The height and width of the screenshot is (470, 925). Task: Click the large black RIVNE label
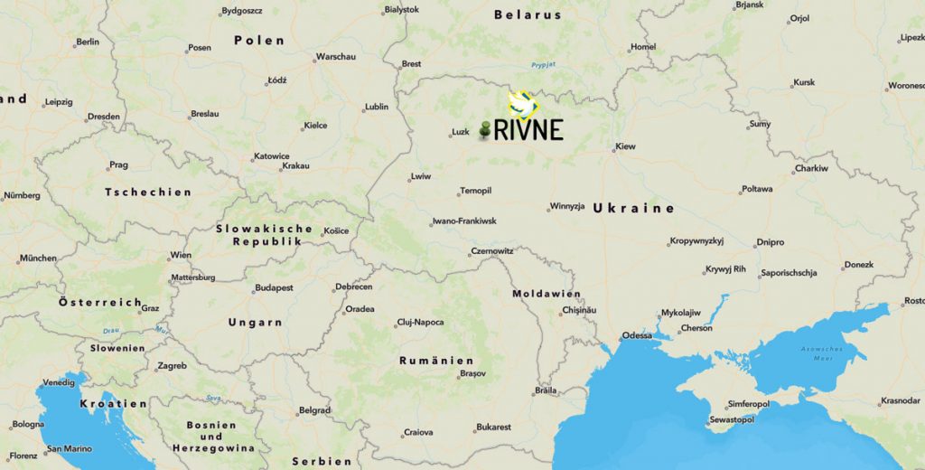pos(528,131)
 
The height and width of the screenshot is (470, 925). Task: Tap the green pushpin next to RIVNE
pos(485,132)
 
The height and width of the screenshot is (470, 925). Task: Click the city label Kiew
pos(625,146)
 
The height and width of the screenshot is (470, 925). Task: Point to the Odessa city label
pos(636,335)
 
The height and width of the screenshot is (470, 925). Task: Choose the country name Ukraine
pos(633,209)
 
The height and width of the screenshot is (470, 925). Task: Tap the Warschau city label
pos(336,56)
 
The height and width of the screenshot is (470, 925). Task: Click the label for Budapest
pos(274,287)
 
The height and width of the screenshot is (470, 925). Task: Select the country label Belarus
pos(528,14)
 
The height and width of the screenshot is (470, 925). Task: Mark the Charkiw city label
pos(811,168)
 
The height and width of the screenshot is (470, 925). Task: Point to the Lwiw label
pos(421,176)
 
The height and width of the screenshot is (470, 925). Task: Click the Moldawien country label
pos(546,294)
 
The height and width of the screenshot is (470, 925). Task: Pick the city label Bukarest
pos(493,427)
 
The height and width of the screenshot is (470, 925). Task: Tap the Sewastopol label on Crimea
pos(732,419)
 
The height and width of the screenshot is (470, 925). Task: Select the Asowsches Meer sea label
pos(821,352)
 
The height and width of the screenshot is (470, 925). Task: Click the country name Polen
pos(259,41)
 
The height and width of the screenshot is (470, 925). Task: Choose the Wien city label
pos(181,255)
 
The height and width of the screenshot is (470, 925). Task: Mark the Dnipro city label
pos(770,242)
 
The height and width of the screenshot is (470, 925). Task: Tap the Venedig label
pos(59,382)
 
